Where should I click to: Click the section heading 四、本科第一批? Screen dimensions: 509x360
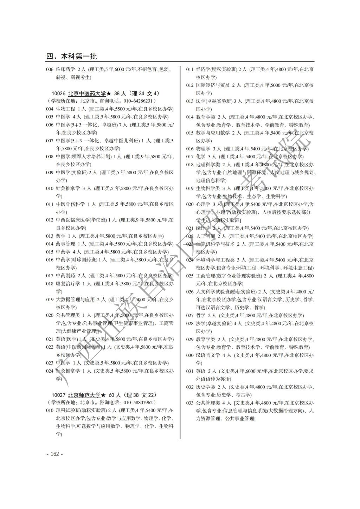[x=72, y=57]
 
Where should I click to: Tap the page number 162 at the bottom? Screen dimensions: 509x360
[x=54, y=454]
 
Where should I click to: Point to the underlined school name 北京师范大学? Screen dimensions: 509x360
[x=84, y=395]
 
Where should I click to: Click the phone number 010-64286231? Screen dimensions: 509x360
[x=136, y=101]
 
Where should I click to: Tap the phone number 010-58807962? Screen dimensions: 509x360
[x=136, y=402]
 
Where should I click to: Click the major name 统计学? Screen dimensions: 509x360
[x=203, y=228]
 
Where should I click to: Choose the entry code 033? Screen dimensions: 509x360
[x=190, y=403]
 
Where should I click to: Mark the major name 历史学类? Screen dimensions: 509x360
[x=205, y=387]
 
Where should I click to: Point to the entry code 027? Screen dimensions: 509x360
[x=190, y=316]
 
